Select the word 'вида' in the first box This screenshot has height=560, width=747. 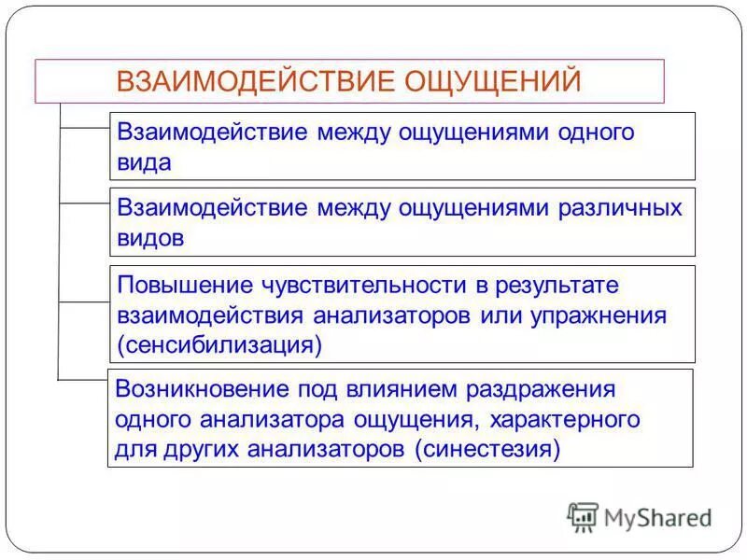tap(145, 161)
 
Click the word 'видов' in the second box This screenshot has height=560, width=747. tap(151, 237)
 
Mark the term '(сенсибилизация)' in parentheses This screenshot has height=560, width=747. tap(219, 344)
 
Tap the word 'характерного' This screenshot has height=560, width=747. tap(564, 419)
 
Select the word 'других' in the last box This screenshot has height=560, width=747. tap(197, 449)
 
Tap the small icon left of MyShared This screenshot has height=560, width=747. tap(583, 517)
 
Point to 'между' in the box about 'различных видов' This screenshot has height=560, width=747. tap(356, 208)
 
